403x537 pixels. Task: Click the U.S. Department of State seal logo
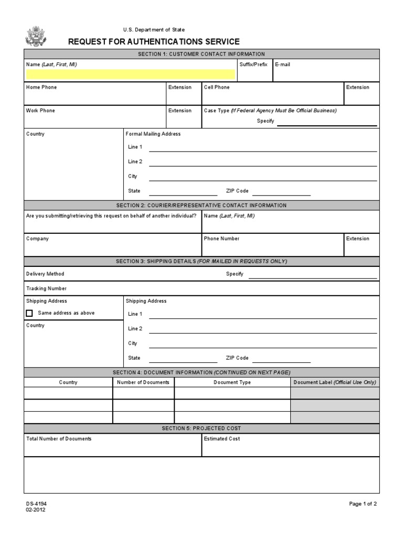(36, 36)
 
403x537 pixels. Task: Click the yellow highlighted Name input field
(130, 74)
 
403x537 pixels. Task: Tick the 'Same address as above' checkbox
(29, 313)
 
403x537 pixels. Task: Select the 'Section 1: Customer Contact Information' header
(201, 54)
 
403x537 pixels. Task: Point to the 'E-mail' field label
(282, 65)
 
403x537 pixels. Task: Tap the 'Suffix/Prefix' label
(253, 65)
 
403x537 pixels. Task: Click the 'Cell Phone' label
(217, 88)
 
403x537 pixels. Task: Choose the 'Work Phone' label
(40, 111)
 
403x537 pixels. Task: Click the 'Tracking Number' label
(46, 288)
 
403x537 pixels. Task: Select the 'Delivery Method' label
(45, 274)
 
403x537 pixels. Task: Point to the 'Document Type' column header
(232, 382)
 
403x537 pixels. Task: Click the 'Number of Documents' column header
(143, 382)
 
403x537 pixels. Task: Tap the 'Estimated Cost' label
(222, 439)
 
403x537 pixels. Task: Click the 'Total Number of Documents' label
(59, 439)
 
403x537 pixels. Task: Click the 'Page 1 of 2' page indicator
(363, 504)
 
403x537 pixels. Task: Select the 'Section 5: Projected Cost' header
(201, 428)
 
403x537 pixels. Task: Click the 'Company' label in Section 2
(37, 239)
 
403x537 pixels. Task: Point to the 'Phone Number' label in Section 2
(221, 239)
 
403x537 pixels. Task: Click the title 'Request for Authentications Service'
(154, 42)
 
